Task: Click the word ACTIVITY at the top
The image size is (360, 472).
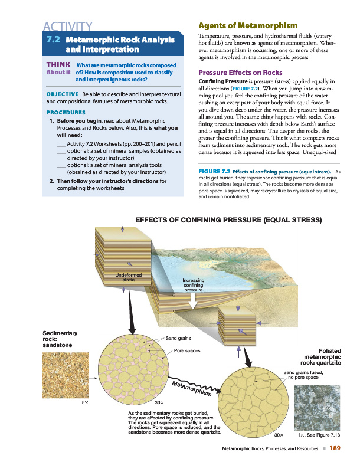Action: [67, 26]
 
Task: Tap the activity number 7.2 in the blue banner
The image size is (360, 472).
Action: [54, 40]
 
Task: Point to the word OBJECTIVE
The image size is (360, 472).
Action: [62, 94]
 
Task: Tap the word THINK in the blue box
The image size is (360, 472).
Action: [58, 65]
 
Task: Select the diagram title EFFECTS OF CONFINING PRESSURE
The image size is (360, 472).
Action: [229, 221]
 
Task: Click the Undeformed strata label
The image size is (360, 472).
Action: [129, 277]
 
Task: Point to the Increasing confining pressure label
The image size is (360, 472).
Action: [193, 286]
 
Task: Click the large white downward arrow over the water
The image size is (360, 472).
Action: [193, 301]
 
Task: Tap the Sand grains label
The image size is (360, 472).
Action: [178, 339]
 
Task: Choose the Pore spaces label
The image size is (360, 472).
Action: [187, 350]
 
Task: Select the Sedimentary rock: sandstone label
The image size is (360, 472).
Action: [57, 339]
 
